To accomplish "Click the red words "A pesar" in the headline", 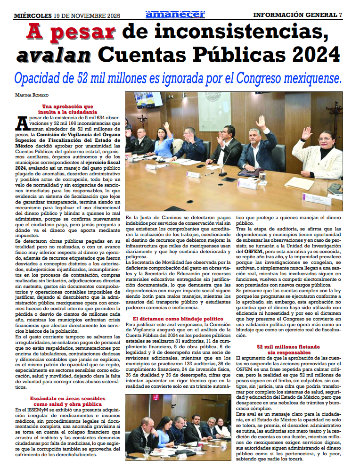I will tap(71, 32).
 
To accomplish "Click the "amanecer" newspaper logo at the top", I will tap(175, 15).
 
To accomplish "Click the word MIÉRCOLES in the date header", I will tap(33, 15).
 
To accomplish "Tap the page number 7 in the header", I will tap(340, 15).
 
